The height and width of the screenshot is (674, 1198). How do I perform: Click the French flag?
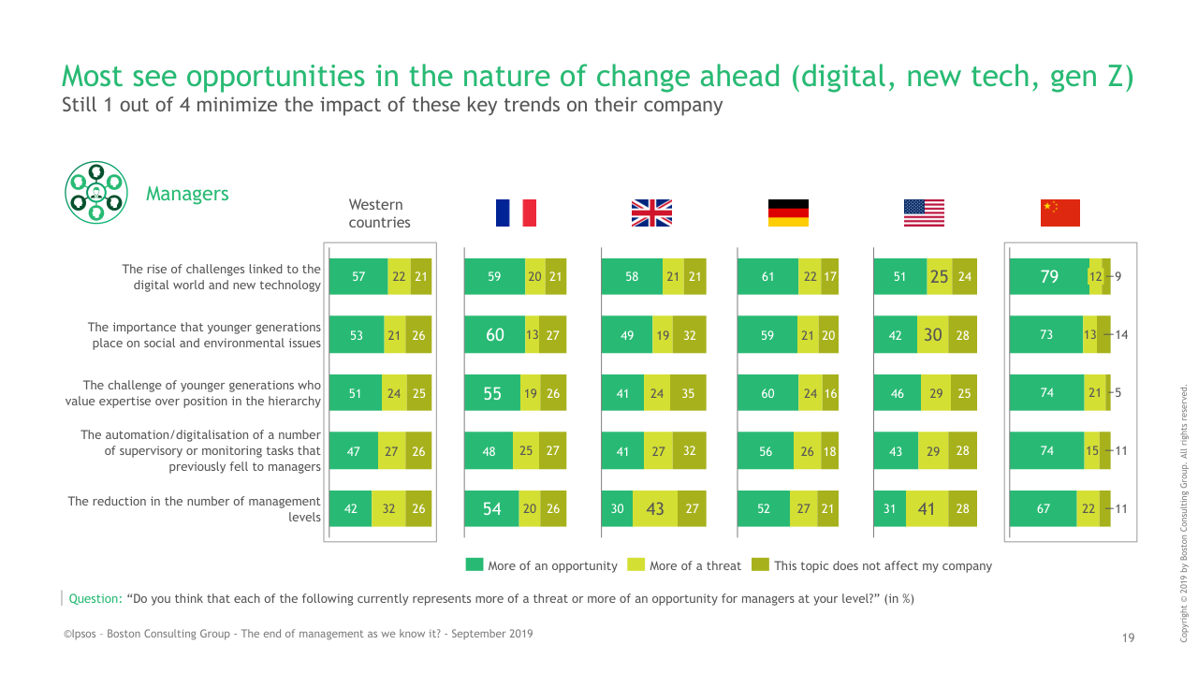tap(516, 212)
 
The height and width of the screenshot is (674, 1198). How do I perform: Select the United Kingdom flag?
tap(651, 212)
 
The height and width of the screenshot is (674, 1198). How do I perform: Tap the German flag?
tap(788, 212)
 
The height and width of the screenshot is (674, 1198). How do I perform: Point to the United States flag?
tap(924, 212)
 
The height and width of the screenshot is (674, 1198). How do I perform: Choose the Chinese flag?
tap(1060, 212)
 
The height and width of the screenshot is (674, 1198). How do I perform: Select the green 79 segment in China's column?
tap(1049, 276)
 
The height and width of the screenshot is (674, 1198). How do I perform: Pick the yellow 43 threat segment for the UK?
tap(655, 508)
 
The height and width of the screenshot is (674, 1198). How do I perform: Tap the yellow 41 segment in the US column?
tap(927, 508)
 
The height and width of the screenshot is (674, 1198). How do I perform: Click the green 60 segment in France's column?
tap(495, 334)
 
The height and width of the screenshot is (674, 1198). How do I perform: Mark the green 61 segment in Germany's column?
tap(767, 276)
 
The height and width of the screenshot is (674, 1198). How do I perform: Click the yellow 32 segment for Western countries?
tap(388, 508)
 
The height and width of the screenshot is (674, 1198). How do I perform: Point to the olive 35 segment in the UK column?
tap(688, 393)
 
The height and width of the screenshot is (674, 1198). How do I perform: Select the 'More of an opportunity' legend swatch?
tap(475, 564)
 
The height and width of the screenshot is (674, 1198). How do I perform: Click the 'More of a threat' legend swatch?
tap(636, 564)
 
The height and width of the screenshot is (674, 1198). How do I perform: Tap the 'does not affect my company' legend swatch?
tap(760, 564)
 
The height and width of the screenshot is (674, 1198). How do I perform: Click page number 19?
tap(1128, 637)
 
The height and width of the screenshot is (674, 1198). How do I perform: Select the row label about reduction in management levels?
tap(194, 508)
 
